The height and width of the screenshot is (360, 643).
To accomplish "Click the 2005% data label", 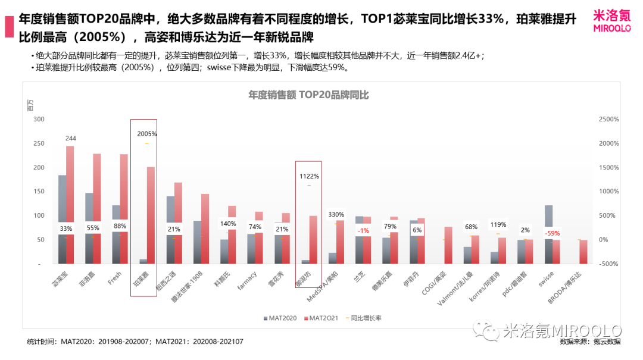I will click(x=146, y=134).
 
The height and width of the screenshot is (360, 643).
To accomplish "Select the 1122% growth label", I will click(x=309, y=176).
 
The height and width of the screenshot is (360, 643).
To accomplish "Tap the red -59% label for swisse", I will click(x=553, y=233).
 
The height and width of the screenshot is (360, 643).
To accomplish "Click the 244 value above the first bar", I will click(x=71, y=138).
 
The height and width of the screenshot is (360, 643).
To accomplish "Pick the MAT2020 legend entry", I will click(x=280, y=318).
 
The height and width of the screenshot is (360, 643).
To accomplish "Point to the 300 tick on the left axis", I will click(x=39, y=119).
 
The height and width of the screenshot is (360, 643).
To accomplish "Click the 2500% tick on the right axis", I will click(x=608, y=119).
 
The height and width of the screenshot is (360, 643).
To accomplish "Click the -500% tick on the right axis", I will click(x=608, y=264).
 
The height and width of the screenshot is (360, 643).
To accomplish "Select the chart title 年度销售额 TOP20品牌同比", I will click(x=308, y=95).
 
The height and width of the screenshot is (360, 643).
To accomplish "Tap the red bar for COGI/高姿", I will click(x=448, y=245).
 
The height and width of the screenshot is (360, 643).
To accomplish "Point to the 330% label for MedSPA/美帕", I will click(x=336, y=214).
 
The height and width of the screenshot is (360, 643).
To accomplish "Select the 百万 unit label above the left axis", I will click(x=31, y=107).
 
